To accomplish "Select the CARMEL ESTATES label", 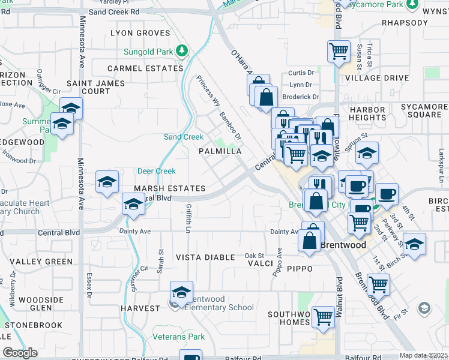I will click(x=145, y=68).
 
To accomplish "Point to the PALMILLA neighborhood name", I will click(x=220, y=152).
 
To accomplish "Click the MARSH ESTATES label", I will click(x=170, y=188).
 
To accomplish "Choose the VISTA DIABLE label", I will click(x=205, y=257).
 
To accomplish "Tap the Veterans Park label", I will click(x=178, y=337).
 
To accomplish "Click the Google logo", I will click(x=20, y=353).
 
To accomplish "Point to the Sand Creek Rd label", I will click(x=113, y=11).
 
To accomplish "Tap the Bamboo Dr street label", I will click(x=230, y=126).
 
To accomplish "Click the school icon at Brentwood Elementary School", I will click(x=181, y=292).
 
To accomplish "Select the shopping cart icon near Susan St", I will click(x=339, y=51).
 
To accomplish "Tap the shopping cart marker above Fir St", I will click(x=378, y=284).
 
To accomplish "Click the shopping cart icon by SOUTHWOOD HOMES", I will click(x=323, y=316).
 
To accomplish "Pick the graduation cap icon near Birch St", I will click(x=414, y=244).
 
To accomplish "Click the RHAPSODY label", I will click(x=405, y=23).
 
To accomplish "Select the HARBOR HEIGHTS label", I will click(x=367, y=113).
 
